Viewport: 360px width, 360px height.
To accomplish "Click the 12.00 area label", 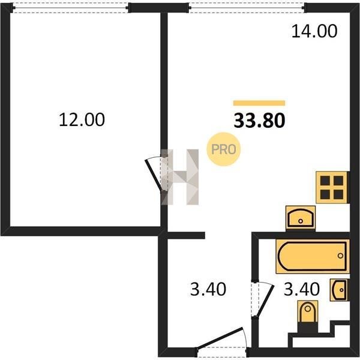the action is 82,119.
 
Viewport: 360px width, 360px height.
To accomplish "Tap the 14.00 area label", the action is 314,31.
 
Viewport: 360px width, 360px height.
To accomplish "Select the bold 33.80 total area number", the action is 259,121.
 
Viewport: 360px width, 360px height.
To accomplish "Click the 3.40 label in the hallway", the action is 208,289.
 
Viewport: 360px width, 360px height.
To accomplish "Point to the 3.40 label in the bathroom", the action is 302,289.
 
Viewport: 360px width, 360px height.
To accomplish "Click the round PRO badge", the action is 224,149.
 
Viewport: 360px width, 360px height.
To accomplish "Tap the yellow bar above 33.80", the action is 259,103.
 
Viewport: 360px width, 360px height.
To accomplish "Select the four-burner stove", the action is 332,187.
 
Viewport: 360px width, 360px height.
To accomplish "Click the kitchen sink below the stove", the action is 301,218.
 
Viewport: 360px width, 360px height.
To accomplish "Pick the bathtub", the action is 313,256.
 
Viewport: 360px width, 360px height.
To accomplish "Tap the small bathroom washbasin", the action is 339,290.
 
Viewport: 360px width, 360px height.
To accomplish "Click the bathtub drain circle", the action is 340,256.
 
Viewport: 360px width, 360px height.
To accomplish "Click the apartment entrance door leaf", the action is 220,338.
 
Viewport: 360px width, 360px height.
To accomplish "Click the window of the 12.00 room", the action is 70,8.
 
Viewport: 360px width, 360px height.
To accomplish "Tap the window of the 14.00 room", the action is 247,8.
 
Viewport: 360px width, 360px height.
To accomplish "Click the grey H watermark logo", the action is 179,177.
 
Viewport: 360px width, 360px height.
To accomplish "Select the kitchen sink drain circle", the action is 301,221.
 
